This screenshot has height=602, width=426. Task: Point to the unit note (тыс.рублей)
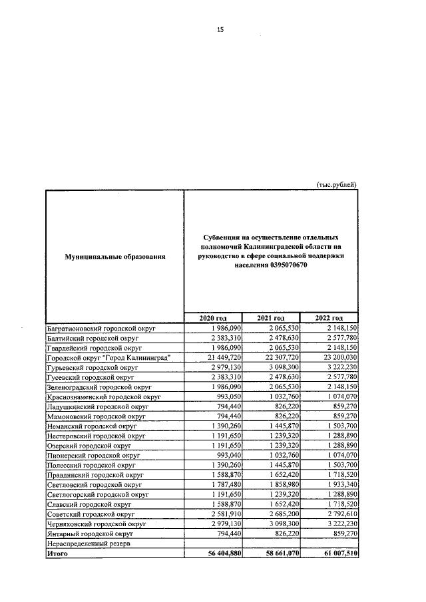pyautogui.click(x=336, y=184)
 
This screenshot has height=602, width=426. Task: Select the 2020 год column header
pyautogui.click(x=213, y=318)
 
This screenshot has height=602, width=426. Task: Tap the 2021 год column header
pyautogui.click(x=271, y=318)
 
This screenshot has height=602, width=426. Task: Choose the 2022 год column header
pyautogui.click(x=329, y=318)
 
